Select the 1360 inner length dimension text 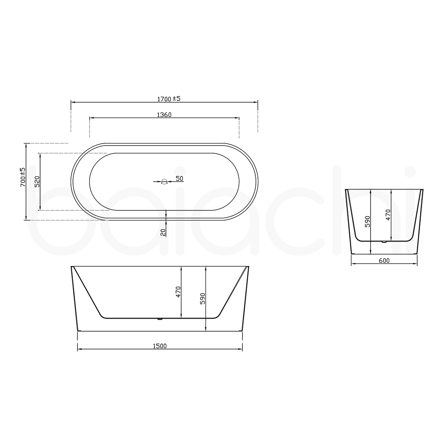click(x=164, y=115)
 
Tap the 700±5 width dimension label click(x=23, y=177)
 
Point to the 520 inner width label click(x=37, y=182)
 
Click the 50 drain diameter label click(x=180, y=178)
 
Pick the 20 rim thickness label click(x=163, y=232)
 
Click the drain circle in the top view click(x=164, y=182)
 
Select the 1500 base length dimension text click(x=160, y=346)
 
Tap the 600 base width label click(x=384, y=261)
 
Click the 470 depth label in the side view click(x=178, y=292)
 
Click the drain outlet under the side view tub click(x=160, y=319)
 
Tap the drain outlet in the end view click(x=384, y=242)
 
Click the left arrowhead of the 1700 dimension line click(x=73, y=102)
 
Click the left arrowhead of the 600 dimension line click(x=352, y=264)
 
